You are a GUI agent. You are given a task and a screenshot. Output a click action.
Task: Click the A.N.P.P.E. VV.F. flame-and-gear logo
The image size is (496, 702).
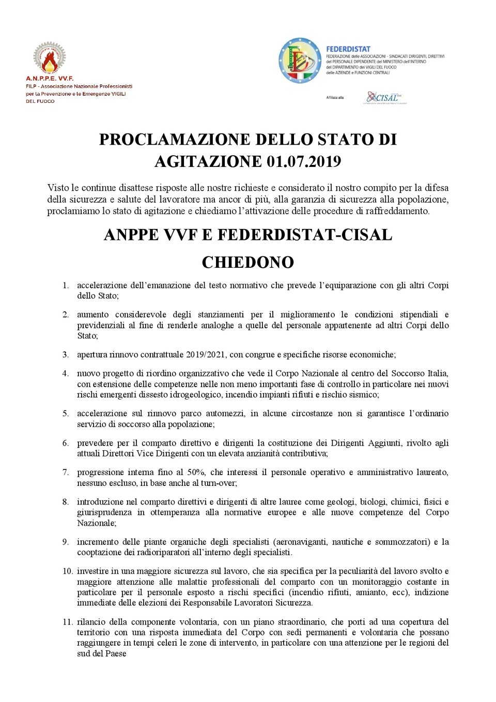[x=50, y=57]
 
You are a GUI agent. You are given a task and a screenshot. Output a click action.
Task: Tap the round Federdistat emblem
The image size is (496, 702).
[x=300, y=60]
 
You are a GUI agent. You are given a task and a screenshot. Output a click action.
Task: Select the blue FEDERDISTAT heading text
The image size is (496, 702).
[x=348, y=49]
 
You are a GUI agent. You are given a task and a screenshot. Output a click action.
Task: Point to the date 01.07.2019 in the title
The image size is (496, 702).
[x=304, y=162]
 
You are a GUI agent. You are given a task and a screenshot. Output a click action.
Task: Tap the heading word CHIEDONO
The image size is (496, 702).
[x=247, y=263]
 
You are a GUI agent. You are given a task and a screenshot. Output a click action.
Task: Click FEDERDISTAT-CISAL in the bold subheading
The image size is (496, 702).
[x=305, y=235]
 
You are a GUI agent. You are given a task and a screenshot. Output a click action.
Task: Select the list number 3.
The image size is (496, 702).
[x=66, y=355]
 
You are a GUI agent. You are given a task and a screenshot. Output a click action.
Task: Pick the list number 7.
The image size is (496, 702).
[x=66, y=472]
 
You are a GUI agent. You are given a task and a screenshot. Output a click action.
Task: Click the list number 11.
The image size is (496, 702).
[x=67, y=622]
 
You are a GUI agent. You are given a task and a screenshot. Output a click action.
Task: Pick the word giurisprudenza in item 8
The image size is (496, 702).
[x=104, y=512]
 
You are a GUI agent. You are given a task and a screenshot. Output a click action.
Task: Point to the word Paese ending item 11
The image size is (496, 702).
[x=116, y=653]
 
